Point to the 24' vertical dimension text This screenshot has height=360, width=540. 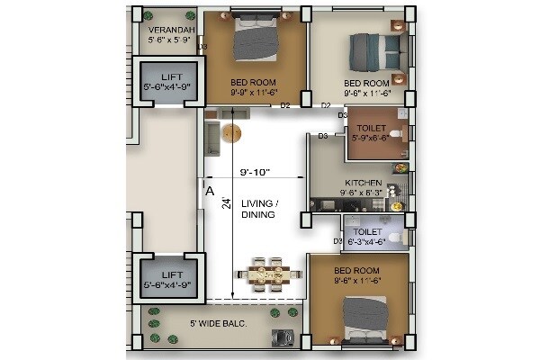click(x=228, y=202)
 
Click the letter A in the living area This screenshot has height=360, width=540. click(x=209, y=191)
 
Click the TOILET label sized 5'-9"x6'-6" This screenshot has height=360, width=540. click(x=372, y=130)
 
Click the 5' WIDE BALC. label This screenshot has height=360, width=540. click(x=219, y=322)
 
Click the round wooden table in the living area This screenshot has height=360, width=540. click(x=232, y=133)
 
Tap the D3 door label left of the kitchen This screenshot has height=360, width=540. click(x=322, y=136)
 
